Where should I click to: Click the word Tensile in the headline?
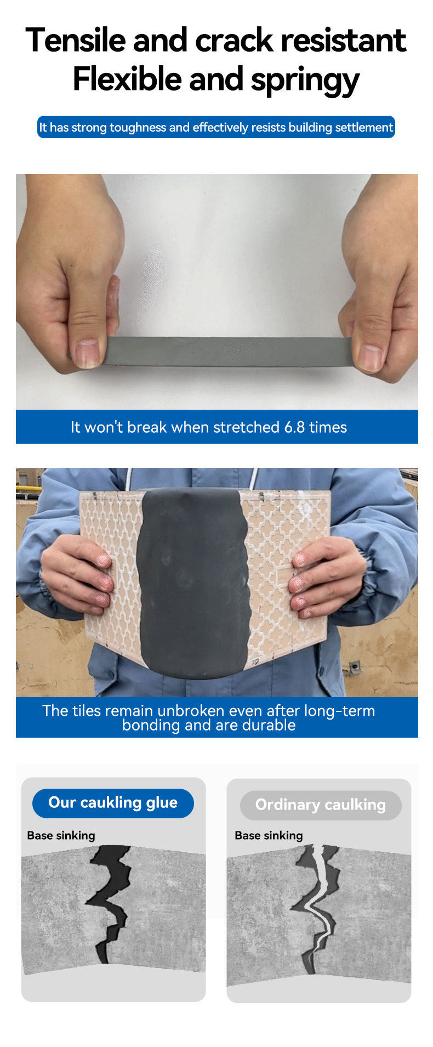point(76,40)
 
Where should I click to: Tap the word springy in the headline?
point(305,81)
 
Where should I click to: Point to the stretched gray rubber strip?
point(227,351)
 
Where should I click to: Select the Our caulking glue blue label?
point(113,803)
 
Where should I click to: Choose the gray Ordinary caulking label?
point(321,805)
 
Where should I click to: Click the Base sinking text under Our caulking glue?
point(61,835)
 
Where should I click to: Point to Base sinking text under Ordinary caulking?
point(269,835)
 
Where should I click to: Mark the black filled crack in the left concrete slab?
point(110,899)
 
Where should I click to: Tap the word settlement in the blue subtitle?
point(364,128)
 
